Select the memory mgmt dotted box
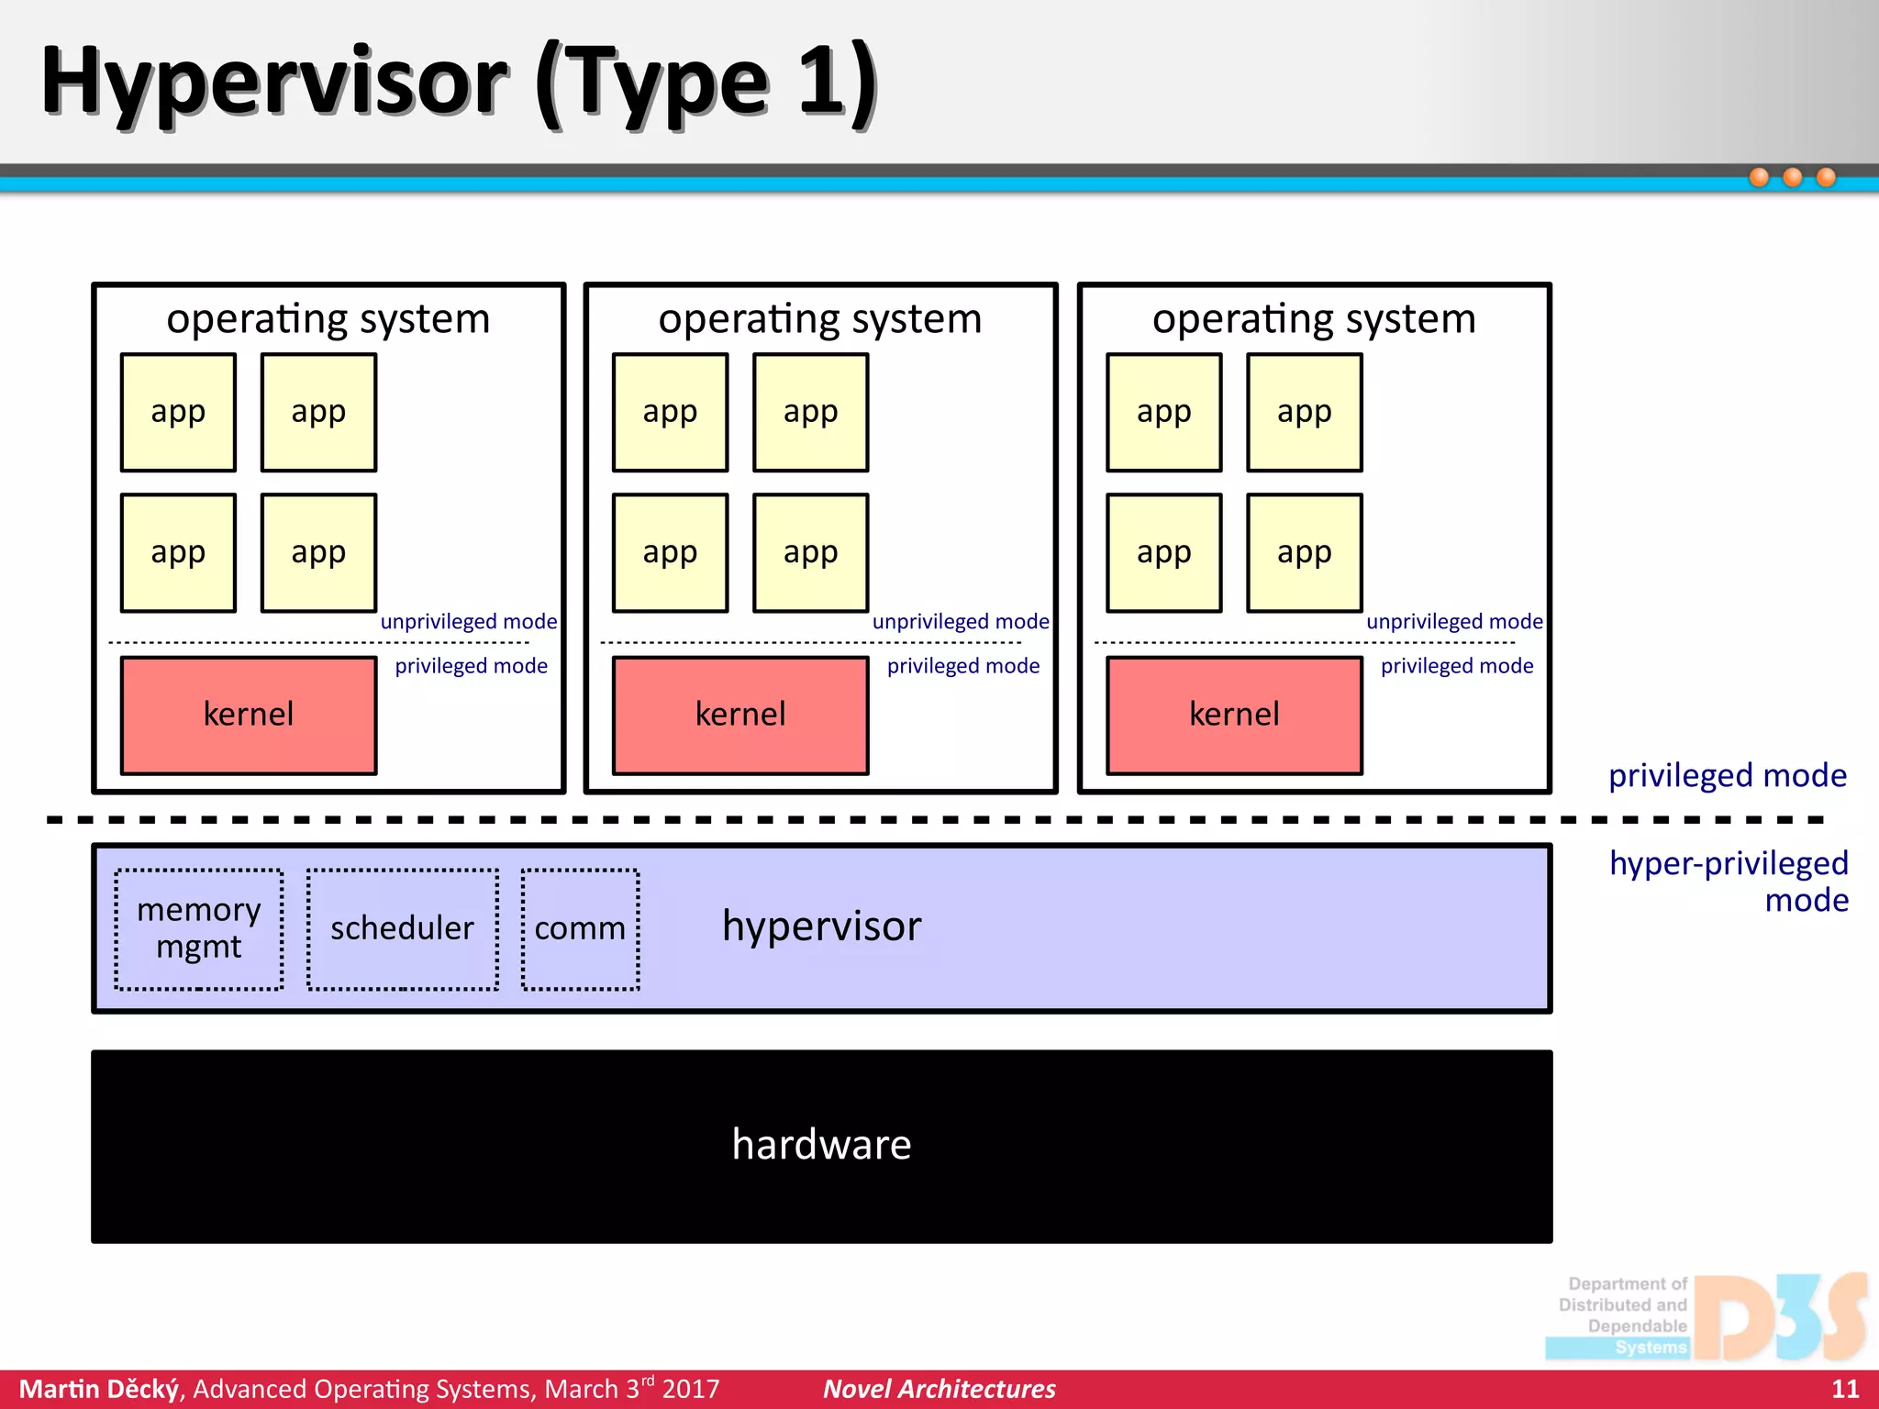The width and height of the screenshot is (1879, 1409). (199, 928)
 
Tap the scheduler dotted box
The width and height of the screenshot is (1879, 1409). (402, 928)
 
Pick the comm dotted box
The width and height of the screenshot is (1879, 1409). (580, 928)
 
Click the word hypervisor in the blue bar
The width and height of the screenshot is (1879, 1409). (821, 926)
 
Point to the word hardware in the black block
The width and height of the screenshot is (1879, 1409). (821, 1145)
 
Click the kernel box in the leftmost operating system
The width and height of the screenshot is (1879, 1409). (249, 715)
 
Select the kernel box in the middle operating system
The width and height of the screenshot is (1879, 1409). (740, 715)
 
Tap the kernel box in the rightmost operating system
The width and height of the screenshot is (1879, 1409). (1234, 715)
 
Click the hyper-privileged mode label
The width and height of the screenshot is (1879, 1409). (1729, 882)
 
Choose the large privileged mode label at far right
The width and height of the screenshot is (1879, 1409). (1727, 776)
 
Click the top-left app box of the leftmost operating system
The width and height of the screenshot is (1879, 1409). (178, 413)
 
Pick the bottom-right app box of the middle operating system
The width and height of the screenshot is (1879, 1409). (810, 553)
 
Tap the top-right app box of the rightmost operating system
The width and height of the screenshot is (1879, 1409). (1304, 413)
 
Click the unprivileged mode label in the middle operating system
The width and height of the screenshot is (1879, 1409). (960, 622)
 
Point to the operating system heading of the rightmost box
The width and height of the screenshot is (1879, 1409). (1314, 319)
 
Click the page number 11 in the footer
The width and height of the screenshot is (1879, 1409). (1844, 1389)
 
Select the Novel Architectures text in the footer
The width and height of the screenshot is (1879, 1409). (939, 1389)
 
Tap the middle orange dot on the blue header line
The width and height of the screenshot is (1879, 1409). (1792, 177)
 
